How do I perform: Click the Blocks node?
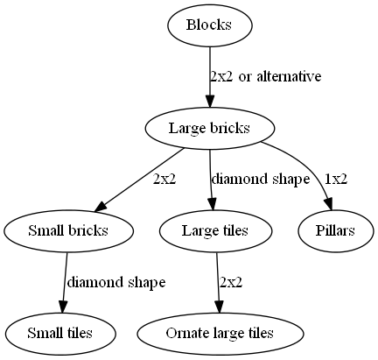(x=209, y=25)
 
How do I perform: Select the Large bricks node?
(x=210, y=128)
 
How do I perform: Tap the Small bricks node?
(x=68, y=231)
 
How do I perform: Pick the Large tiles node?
(x=215, y=231)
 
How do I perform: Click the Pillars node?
(x=335, y=231)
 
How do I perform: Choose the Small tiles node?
(x=60, y=334)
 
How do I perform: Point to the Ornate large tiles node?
(x=220, y=334)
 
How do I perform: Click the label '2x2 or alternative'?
(x=266, y=77)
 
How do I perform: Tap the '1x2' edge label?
(x=336, y=180)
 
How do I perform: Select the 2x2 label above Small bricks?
(x=164, y=180)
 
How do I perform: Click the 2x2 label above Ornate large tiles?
(x=231, y=282)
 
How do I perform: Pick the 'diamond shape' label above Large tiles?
(x=261, y=180)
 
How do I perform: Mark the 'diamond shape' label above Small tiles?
(x=116, y=282)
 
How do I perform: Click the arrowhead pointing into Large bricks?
(x=210, y=101)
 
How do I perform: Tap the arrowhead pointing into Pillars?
(x=328, y=203)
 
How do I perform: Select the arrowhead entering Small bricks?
(x=101, y=206)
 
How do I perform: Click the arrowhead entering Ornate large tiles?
(x=220, y=306)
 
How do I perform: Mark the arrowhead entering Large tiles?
(x=212, y=203)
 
